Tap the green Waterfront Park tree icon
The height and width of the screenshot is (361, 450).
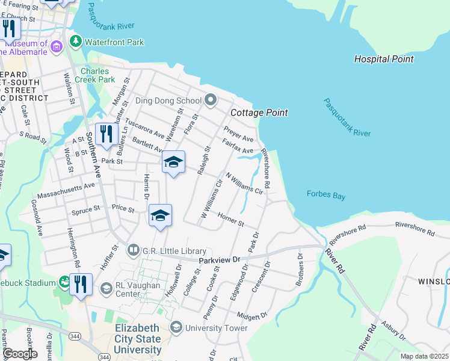(x=76, y=42)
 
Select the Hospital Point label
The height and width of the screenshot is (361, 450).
(x=384, y=59)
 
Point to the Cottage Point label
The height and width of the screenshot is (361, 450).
(x=259, y=113)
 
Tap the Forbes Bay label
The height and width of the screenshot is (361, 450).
(x=325, y=194)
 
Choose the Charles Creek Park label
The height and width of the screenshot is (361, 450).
(x=98, y=75)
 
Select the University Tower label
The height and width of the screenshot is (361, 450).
(x=216, y=328)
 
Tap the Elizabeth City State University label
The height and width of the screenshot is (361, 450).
(x=138, y=339)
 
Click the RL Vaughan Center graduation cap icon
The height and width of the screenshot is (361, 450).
(x=106, y=289)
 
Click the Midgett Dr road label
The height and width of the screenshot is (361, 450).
(x=251, y=316)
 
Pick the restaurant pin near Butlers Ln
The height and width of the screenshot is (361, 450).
(x=106, y=134)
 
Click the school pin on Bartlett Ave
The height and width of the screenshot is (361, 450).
(x=173, y=162)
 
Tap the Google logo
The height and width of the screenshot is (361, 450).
(x=19, y=354)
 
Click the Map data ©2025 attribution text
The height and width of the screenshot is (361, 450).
(x=424, y=356)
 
